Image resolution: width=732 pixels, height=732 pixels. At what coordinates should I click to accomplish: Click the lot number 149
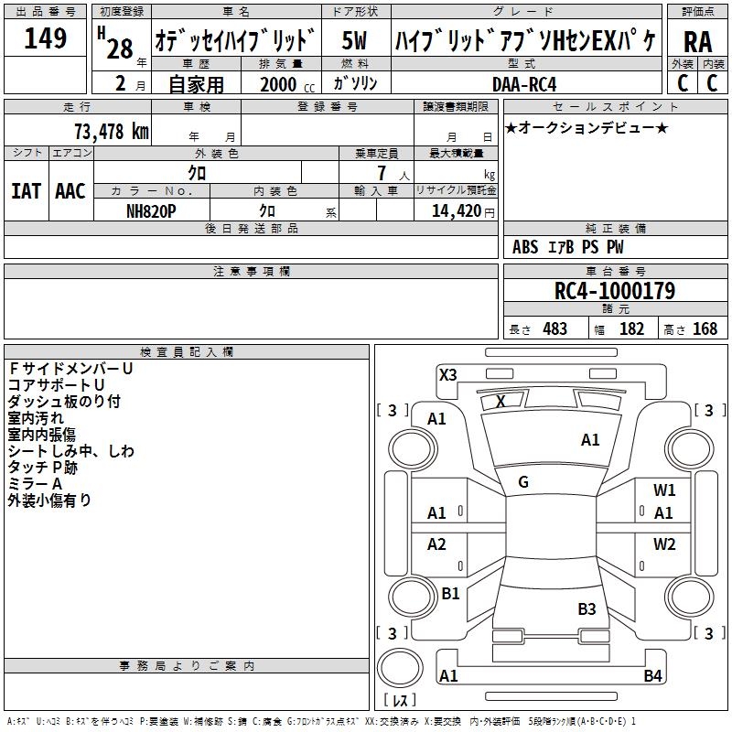coord(45,38)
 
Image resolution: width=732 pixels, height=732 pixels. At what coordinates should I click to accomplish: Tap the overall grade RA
coord(698,42)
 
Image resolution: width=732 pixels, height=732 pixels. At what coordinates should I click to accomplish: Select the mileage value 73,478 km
coord(112,132)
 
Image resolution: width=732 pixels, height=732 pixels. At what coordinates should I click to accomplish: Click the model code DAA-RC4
coord(524,84)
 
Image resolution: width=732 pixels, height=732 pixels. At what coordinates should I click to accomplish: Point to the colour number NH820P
coord(151,211)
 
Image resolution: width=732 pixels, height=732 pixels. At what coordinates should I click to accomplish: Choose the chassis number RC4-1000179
coord(615,291)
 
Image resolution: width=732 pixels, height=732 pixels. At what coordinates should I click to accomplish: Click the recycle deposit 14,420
coord(457,211)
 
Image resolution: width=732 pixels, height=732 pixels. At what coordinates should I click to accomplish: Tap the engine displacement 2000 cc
coord(287,84)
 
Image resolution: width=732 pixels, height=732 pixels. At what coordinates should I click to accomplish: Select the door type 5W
coord(354,40)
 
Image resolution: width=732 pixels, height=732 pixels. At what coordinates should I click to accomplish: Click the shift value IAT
coord(26,191)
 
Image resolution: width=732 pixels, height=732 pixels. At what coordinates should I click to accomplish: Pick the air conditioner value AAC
coord(70,191)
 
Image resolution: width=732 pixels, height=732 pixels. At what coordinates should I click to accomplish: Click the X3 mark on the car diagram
coord(447,374)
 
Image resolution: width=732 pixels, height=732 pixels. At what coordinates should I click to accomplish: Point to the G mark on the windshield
coord(523,482)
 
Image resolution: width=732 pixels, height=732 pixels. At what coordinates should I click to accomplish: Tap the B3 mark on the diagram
coord(587,608)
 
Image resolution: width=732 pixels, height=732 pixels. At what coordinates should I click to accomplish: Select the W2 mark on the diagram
coord(664,544)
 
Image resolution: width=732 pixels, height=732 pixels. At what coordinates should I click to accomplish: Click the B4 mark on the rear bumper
coord(652,675)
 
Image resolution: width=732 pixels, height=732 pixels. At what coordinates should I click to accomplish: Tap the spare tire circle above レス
coord(400,668)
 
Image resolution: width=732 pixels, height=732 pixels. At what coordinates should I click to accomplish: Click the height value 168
coord(705,328)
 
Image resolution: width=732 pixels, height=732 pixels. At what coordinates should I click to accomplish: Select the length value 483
coord(555,328)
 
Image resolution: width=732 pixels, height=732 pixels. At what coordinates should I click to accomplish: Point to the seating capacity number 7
coord(382,173)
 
